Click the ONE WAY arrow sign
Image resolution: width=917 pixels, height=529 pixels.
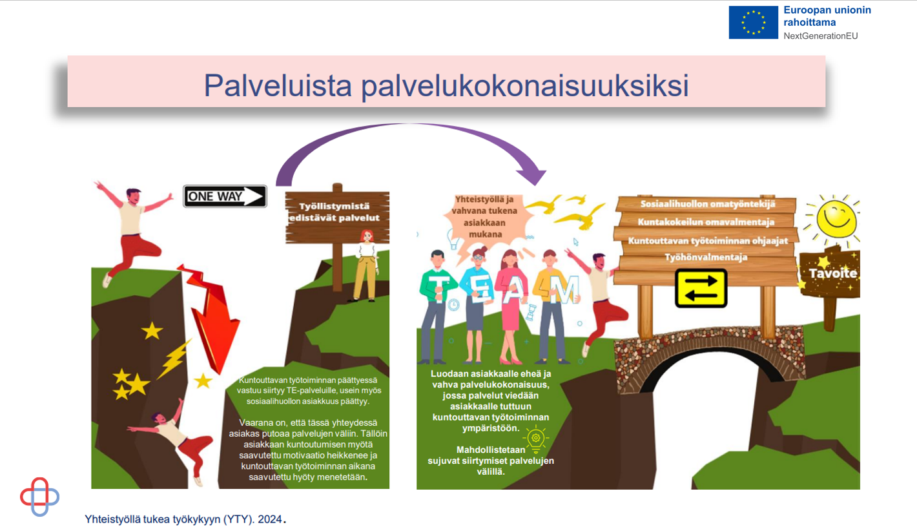(x=225, y=196)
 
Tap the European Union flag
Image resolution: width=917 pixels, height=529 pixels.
(x=753, y=22)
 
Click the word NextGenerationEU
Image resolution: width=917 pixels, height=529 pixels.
(x=820, y=36)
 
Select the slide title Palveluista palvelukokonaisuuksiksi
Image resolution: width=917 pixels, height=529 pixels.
(x=446, y=85)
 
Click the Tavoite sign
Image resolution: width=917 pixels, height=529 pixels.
(x=830, y=273)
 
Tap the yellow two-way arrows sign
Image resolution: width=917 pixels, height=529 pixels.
(x=701, y=288)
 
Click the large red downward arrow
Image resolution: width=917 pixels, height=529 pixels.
(x=210, y=317)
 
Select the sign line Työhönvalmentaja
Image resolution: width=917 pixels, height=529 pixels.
(x=706, y=257)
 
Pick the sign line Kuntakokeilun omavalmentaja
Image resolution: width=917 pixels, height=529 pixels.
(x=706, y=222)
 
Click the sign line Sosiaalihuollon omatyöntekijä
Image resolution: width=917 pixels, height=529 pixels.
(x=707, y=203)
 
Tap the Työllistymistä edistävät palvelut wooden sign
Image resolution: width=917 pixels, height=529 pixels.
(x=337, y=218)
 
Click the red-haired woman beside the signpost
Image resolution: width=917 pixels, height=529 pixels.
(x=366, y=265)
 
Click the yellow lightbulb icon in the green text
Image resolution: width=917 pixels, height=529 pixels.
(x=535, y=439)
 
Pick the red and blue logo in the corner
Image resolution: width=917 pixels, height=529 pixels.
(x=39, y=497)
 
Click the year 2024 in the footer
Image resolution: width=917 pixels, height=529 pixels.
(x=270, y=519)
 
